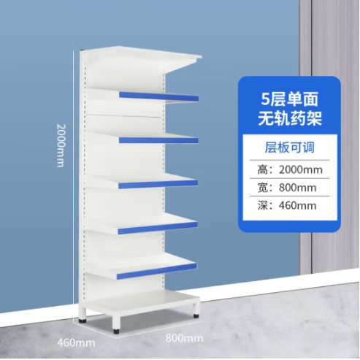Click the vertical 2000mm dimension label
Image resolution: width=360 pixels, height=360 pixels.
tap(61, 145)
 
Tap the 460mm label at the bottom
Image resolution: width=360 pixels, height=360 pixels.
tap(76, 342)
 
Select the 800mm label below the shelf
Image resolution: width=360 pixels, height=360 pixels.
tap(184, 338)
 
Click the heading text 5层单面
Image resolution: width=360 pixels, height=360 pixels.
tap(290, 100)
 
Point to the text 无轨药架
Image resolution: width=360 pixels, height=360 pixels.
tap(290, 119)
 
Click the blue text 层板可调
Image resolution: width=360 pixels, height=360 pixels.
tap(290, 148)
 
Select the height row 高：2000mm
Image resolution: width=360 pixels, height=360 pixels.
tap(290, 169)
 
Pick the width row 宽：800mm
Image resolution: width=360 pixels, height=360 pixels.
tap(287, 188)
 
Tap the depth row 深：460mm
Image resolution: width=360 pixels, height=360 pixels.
tap(287, 206)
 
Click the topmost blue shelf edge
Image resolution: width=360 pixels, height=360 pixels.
tap(158, 96)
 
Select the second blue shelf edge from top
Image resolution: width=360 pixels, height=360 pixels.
tap(158, 140)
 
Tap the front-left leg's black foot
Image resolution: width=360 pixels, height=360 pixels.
tap(117, 331)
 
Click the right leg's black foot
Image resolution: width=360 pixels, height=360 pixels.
tap(196, 316)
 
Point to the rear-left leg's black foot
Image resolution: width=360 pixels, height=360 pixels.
tap(83, 321)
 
